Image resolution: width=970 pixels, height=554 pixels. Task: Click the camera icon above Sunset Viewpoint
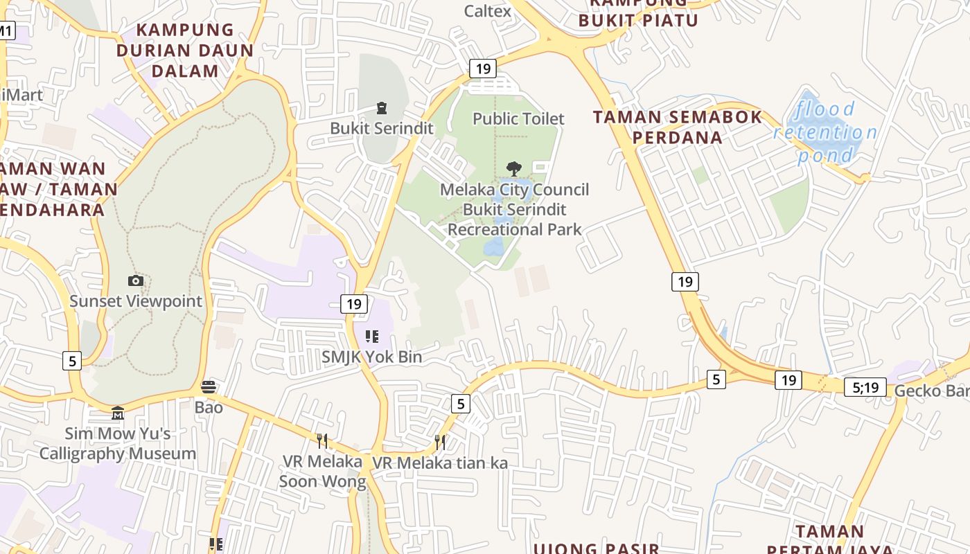click(136, 280)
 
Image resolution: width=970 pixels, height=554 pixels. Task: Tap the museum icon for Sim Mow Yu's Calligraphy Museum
click(118, 413)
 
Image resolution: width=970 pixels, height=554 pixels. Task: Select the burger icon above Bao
click(209, 386)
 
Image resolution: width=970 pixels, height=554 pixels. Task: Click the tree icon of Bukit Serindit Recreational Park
click(513, 168)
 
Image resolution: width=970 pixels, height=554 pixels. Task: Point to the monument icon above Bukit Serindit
click(381, 108)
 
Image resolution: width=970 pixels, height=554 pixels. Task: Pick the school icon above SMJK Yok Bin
click(372, 337)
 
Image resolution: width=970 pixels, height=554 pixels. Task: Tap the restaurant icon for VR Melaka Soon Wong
click(322, 440)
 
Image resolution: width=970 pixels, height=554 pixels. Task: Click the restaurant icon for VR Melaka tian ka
click(440, 442)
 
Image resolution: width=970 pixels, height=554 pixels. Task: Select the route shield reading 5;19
click(865, 387)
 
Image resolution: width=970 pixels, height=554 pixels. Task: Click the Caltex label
click(488, 11)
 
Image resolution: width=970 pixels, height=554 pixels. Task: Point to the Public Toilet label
click(518, 118)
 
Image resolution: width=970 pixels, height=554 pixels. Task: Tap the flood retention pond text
click(824, 132)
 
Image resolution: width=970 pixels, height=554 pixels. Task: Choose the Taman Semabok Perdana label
click(678, 127)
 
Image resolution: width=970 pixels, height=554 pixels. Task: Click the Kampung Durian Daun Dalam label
click(185, 50)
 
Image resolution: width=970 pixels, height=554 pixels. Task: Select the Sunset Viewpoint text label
click(136, 301)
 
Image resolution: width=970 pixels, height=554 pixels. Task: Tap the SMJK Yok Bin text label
click(371, 357)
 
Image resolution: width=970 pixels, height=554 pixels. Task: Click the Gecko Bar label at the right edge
click(931, 391)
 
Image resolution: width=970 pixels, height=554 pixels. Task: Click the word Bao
click(209, 406)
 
